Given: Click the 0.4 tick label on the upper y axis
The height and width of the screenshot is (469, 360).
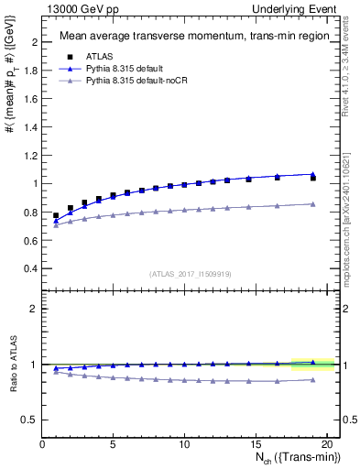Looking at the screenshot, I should coord(29,268).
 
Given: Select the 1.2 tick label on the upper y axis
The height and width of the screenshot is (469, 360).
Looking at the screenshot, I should coord(29,156).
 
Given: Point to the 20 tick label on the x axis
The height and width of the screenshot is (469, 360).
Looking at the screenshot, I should coord(326,444).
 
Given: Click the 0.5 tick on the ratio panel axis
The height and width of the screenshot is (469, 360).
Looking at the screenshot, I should coord(29,420).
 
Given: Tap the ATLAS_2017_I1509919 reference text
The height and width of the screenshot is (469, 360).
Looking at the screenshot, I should coord(189,274).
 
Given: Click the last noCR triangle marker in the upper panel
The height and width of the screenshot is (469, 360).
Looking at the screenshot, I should coord(313,203).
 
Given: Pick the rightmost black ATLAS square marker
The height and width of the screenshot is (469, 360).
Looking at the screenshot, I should coord(313,178).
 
